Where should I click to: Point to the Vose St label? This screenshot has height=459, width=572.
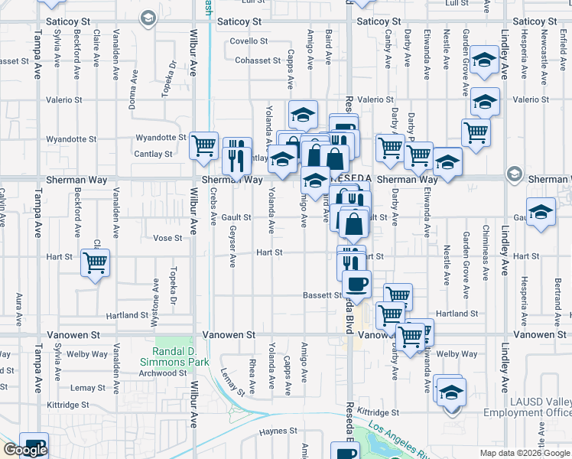(x=167, y=238)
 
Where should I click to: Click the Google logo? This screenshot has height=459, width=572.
(x=24, y=450)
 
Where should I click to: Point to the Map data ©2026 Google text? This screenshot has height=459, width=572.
(x=524, y=453)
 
